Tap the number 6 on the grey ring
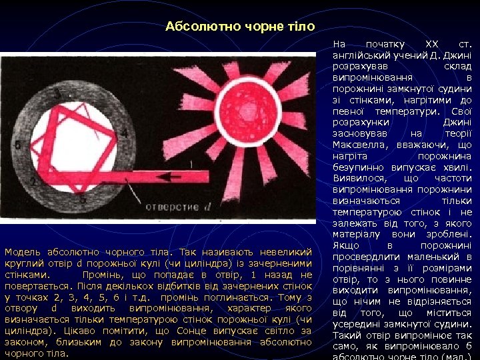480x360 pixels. click(x=17, y=144)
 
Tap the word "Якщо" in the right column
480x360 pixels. click(x=345, y=245)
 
